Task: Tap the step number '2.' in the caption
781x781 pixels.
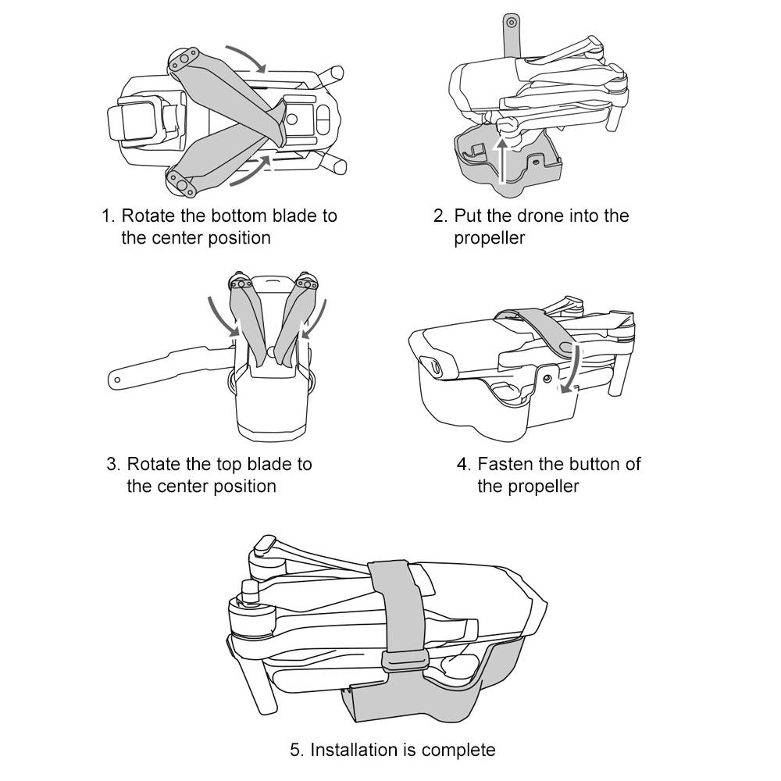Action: click(440, 216)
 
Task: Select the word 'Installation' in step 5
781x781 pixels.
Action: click(355, 751)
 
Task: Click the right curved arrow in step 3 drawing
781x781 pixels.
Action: click(311, 316)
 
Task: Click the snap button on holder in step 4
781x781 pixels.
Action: click(547, 378)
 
